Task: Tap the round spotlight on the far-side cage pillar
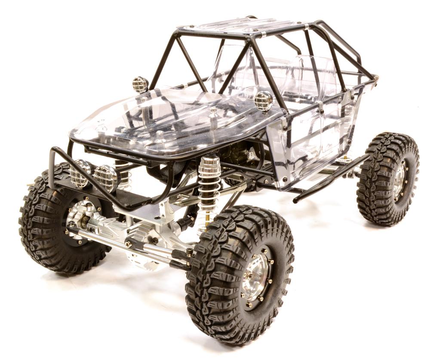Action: click(140, 84)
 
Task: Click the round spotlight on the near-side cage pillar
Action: click(264, 101)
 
